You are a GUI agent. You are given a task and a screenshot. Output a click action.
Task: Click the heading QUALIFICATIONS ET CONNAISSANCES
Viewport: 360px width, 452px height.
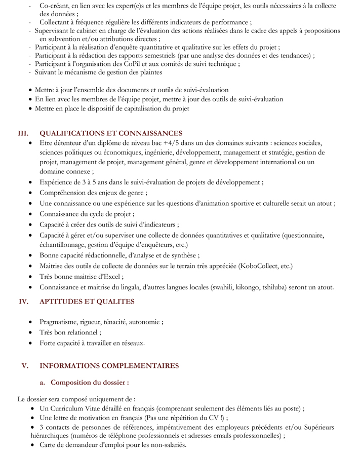(110, 133)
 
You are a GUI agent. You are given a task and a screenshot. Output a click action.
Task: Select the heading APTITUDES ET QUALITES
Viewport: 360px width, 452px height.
(87, 302)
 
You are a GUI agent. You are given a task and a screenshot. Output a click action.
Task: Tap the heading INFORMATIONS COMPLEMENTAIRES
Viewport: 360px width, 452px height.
(109, 365)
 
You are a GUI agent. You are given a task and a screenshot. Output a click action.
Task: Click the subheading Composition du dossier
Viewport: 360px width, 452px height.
(90, 382)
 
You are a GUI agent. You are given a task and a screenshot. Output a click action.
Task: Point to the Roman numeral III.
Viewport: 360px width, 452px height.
(23, 133)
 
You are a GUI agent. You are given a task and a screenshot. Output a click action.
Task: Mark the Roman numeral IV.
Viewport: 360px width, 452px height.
(23, 302)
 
